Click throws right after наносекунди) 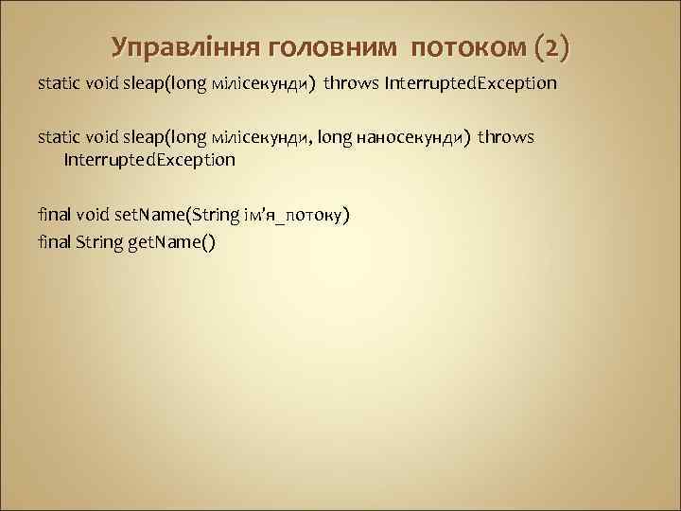click(506, 137)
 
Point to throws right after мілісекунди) click(351, 83)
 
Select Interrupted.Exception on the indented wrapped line click(149, 160)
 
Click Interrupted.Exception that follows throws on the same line click(469, 83)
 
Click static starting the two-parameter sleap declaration click(59, 137)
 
